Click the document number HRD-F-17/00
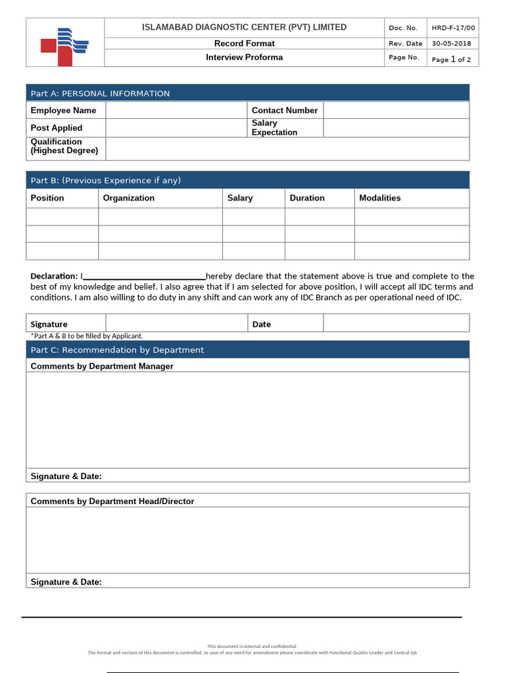point(452,28)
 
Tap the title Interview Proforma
point(244,57)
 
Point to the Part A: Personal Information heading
point(100,93)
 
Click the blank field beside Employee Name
point(176,110)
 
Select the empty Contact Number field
point(396,110)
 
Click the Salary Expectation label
point(274,128)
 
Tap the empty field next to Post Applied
point(176,128)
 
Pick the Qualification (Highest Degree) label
point(64,146)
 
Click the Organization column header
point(129,198)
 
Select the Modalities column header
point(379,198)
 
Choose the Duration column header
point(307,198)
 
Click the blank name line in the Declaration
point(144,277)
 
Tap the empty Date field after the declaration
point(396,323)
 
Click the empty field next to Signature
point(176,323)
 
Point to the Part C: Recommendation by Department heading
point(117,350)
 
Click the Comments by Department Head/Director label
point(112,501)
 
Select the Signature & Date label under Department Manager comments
point(66,476)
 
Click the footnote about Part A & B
point(87,336)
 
